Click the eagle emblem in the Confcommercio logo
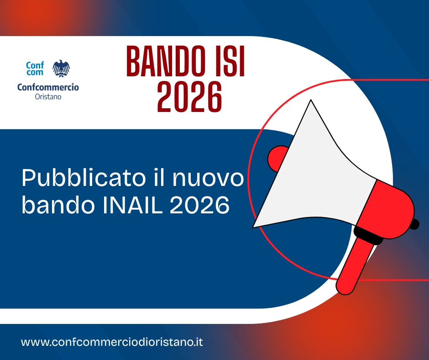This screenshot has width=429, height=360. pos(61,69)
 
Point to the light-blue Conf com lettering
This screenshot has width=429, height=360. pos(35,69)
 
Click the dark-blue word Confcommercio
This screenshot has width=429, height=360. pos(48,87)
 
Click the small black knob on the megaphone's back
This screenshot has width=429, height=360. pos(415,224)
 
